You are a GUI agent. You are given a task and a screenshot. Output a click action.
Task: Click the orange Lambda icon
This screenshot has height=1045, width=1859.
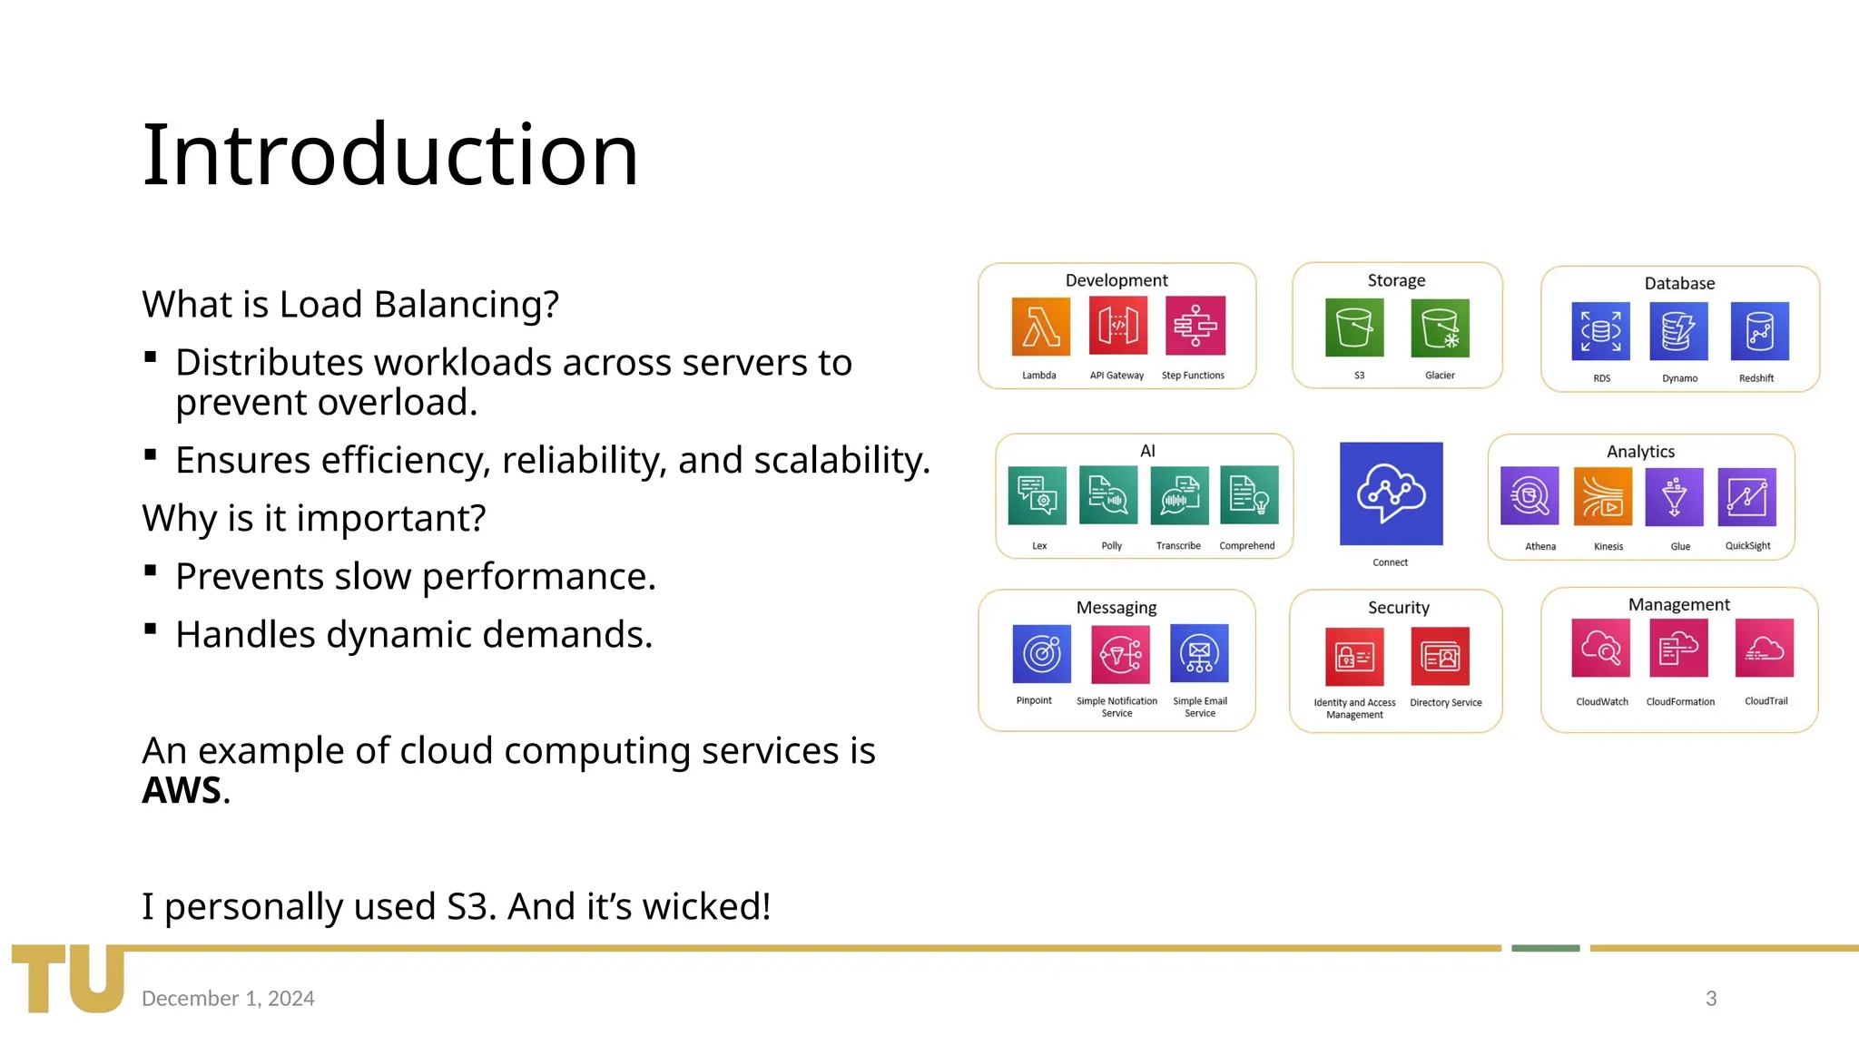[1040, 327]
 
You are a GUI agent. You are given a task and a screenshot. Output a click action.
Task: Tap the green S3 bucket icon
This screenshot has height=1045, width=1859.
[1354, 327]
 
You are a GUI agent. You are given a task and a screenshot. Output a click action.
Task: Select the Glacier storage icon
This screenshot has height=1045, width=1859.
[1441, 327]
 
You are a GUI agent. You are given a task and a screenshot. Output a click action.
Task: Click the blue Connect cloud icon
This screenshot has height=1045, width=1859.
[1391, 493]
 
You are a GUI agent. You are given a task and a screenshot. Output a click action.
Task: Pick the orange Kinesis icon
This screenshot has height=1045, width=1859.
[1602, 496]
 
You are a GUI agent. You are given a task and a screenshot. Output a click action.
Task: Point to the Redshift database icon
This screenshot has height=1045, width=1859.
[1759, 331]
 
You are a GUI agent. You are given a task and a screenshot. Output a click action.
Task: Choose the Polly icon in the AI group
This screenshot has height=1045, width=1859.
[1108, 495]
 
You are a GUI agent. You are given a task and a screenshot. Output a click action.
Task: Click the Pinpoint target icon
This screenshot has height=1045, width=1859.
[1041, 653]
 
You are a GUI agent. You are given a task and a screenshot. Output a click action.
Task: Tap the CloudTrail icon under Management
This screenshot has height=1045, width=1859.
[1764, 648]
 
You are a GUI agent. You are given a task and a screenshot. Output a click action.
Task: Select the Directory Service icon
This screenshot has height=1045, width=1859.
[1441, 656]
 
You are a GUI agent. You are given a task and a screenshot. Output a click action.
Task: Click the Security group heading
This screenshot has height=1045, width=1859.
[1398, 608]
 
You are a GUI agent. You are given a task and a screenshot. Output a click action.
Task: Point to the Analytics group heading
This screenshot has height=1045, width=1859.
[1640, 452]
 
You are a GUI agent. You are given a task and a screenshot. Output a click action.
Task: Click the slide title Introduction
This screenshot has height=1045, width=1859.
[390, 155]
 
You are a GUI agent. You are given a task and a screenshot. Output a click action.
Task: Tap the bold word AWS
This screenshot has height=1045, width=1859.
[182, 790]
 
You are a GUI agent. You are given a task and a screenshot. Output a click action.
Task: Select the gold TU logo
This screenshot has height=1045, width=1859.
[68, 978]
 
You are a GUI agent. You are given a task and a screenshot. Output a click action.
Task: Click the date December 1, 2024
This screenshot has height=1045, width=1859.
[228, 998]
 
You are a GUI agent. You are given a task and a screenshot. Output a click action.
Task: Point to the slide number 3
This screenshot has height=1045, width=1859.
[1711, 998]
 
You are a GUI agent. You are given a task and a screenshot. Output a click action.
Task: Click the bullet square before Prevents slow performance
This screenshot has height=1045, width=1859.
[151, 571]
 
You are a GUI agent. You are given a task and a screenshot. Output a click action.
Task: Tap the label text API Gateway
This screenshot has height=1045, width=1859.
[1116, 376]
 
